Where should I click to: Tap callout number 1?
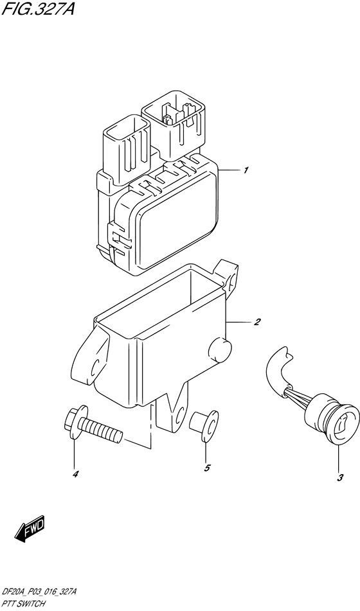tap(246, 170)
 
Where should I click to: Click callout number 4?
tap(75, 474)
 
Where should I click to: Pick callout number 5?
tap(207, 468)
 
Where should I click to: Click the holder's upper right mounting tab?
tap(228, 272)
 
